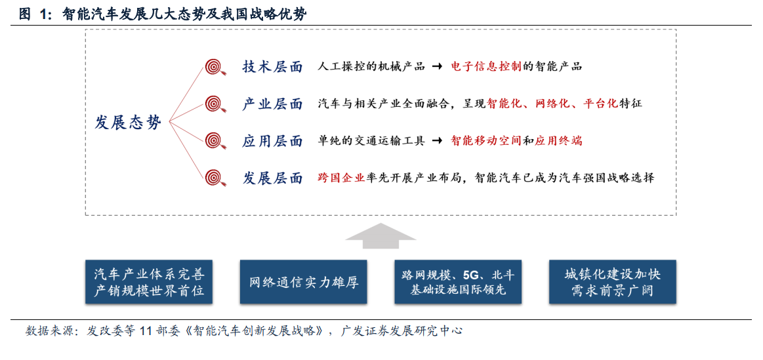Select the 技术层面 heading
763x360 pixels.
[272, 67]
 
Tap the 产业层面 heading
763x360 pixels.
[272, 104]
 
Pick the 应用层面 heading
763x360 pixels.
[272, 141]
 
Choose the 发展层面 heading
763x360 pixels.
[272, 178]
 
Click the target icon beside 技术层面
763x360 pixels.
[214, 67]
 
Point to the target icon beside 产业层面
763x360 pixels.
[214, 103]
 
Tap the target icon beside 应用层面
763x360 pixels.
[214, 140]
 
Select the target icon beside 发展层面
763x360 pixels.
[214, 178]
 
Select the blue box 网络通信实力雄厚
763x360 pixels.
[303, 282]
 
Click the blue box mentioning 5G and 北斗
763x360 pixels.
[458, 282]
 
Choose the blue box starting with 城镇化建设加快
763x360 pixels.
[612, 282]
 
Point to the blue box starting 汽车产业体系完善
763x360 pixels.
[149, 282]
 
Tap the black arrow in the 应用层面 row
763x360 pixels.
[437, 141]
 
